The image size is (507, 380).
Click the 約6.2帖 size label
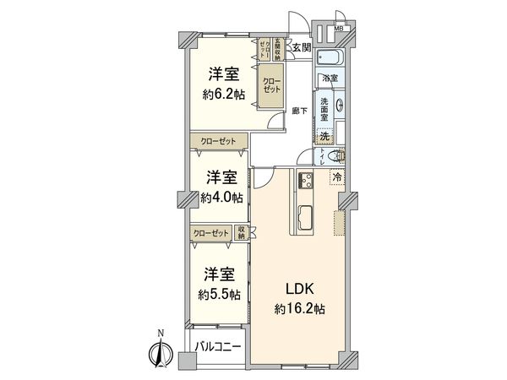coord(223,95)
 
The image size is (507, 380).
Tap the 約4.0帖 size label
coord(222,198)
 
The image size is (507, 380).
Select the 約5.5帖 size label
coord(220,295)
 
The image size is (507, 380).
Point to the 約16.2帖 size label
coord(299,310)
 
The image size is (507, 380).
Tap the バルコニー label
coord(218,347)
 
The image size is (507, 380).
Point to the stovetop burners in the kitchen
coord(304,178)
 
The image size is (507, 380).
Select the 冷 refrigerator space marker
coord(337,177)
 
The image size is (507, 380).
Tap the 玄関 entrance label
coord(302,48)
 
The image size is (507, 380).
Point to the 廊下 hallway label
coord(299,111)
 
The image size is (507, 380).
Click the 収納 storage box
coord(242,234)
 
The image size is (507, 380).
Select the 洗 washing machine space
coord(324,136)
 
